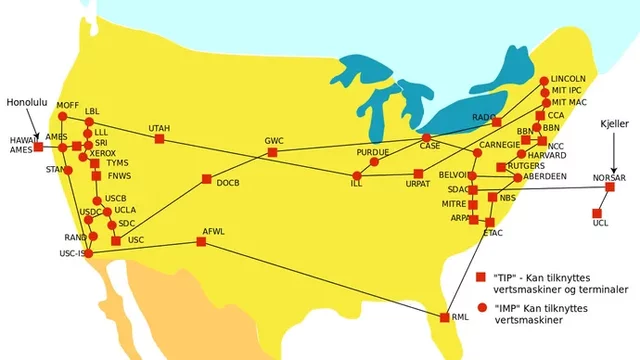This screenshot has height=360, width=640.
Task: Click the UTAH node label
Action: point(158,128)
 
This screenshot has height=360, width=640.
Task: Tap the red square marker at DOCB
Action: point(206,180)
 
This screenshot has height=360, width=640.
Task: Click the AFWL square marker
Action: point(201,242)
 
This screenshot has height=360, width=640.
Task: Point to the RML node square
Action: point(445,318)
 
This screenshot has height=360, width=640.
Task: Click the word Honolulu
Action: point(27,103)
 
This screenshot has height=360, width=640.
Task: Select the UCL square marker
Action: point(596,212)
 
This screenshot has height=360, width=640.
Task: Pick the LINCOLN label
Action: point(569,78)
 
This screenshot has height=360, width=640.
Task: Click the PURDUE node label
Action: point(372,151)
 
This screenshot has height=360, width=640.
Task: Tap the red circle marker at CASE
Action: point(426,137)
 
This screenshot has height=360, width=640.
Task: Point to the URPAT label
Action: point(416,186)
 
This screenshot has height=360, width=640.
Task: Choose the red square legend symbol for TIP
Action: point(481,276)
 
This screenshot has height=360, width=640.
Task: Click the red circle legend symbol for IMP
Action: point(481,307)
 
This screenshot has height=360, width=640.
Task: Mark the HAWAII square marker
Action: point(38,147)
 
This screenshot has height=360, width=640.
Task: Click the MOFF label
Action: point(67,105)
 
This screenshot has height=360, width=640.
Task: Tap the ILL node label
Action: point(356,185)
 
